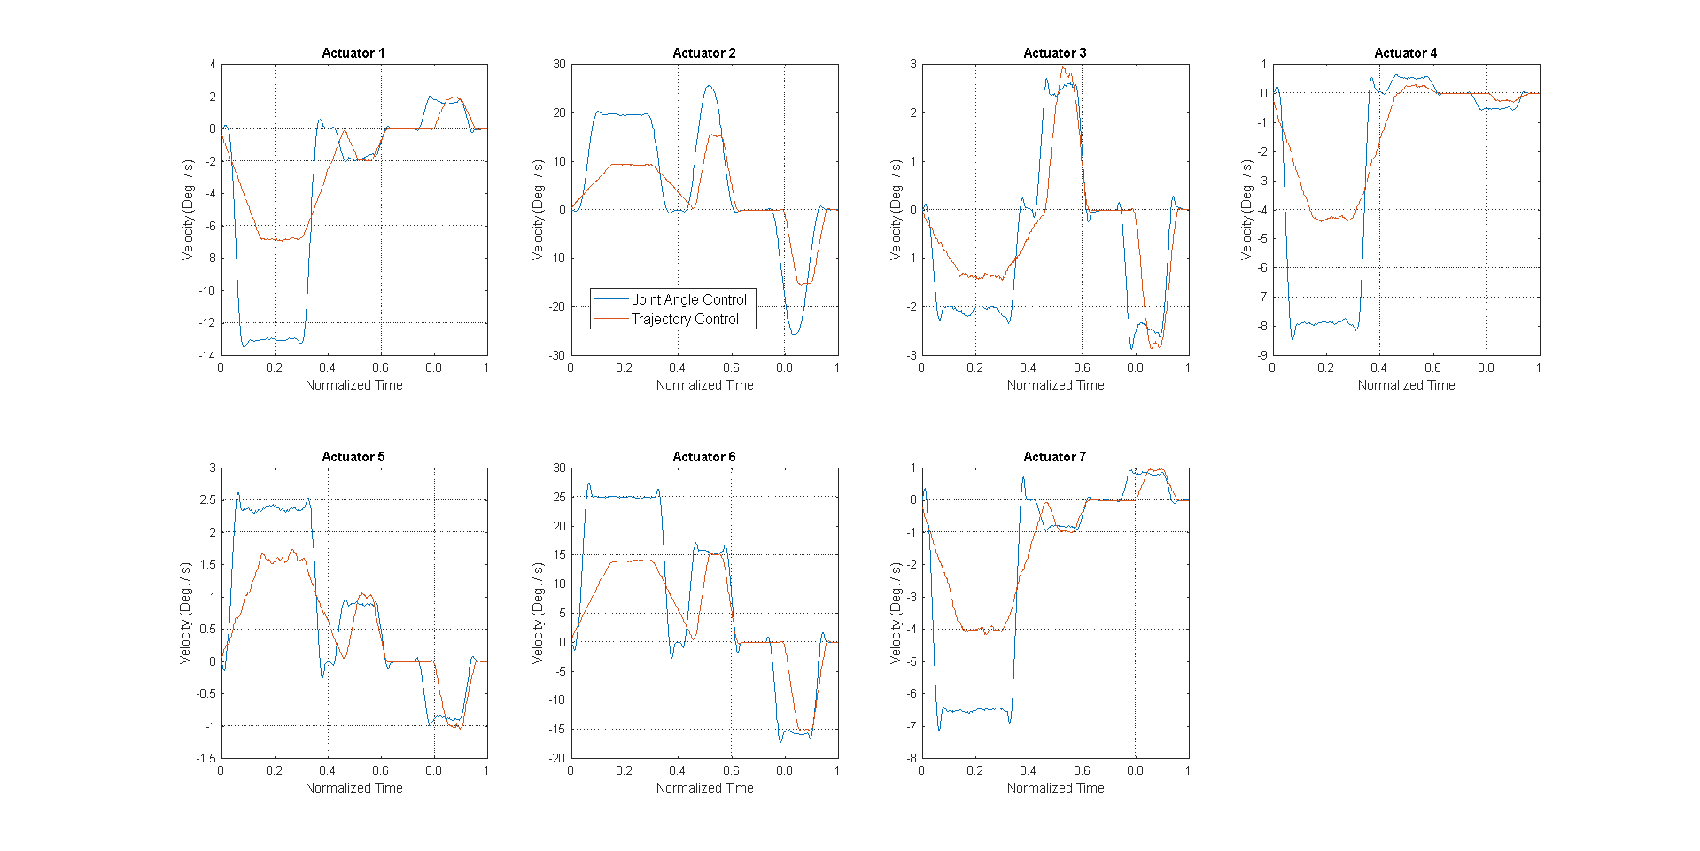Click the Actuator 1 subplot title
click(x=353, y=53)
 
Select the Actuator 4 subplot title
click(x=1405, y=53)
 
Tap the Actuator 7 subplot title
click(x=1054, y=457)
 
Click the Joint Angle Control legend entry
click(x=688, y=299)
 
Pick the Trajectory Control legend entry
click(x=684, y=319)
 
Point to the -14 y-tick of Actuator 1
click(x=206, y=355)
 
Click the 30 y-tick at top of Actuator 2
click(x=559, y=64)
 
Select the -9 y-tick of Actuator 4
click(x=1261, y=355)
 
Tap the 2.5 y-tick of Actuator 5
click(x=207, y=499)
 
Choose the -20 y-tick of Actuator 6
click(x=556, y=758)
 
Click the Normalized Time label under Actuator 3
click(x=1055, y=385)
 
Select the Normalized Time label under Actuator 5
click(x=353, y=788)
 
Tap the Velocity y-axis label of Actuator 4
click(x=1246, y=210)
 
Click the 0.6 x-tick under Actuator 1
click(x=380, y=367)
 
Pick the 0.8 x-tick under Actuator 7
click(x=1135, y=770)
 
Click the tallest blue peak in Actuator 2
click(x=709, y=86)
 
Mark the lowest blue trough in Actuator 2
click(x=794, y=334)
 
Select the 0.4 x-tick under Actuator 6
click(x=677, y=770)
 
